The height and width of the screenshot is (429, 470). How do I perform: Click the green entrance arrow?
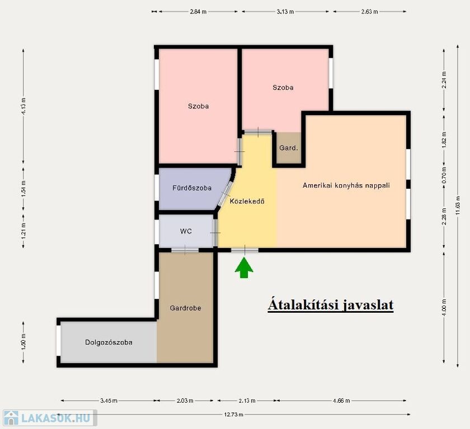point(244,268)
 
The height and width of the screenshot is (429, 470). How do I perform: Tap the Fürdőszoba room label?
point(192,188)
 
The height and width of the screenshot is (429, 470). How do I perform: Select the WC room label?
point(186,231)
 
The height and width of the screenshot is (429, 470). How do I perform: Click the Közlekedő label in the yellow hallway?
point(247,201)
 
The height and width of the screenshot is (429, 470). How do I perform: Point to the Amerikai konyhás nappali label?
point(346,185)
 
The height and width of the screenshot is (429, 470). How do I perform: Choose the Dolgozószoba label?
point(109,342)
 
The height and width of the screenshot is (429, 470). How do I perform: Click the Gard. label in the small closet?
point(288,148)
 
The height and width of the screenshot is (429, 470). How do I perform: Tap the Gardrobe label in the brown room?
point(185,308)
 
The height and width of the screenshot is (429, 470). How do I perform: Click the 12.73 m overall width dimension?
point(233,414)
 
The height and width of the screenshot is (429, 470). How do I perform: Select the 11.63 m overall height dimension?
point(458,206)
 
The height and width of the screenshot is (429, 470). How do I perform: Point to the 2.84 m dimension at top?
point(198,12)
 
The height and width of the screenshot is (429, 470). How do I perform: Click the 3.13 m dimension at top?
point(285,12)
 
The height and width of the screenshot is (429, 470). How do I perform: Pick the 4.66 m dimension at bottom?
point(341,401)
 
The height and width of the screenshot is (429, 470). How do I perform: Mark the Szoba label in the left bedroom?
point(198,106)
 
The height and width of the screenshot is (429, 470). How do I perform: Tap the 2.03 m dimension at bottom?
point(185,401)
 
